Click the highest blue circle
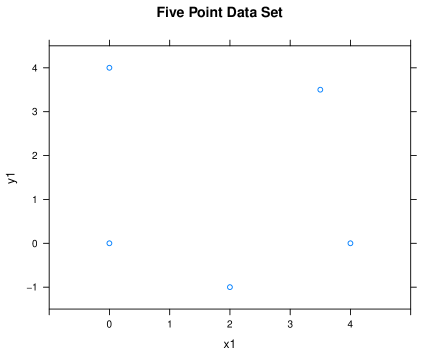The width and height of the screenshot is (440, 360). pyautogui.click(x=109, y=68)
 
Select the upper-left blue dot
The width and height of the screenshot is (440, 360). pyautogui.click(x=109, y=68)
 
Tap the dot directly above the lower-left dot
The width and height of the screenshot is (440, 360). pyautogui.click(x=109, y=68)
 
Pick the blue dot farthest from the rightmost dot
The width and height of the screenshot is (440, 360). pyautogui.click(x=109, y=68)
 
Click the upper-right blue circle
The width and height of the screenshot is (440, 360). pyautogui.click(x=320, y=90)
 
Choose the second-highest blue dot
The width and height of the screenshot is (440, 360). pyautogui.click(x=320, y=90)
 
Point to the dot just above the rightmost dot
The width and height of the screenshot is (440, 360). pyautogui.click(x=320, y=90)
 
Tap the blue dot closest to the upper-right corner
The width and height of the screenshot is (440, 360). pyautogui.click(x=320, y=90)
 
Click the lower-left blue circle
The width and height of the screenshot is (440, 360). pyautogui.click(x=109, y=243)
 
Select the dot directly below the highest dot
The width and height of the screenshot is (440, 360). pyautogui.click(x=109, y=243)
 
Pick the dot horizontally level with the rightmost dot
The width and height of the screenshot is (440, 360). pyautogui.click(x=109, y=243)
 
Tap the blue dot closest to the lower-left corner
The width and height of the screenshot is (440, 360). pyautogui.click(x=109, y=243)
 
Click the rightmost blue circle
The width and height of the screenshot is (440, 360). pyautogui.click(x=350, y=243)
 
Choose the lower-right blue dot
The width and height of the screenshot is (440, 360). pyautogui.click(x=350, y=243)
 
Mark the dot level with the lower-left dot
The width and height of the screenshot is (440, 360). pyautogui.click(x=350, y=243)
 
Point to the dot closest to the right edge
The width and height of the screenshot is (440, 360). pyautogui.click(x=350, y=243)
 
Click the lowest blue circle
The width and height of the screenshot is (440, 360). pyautogui.click(x=230, y=287)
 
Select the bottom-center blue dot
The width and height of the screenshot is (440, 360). pyautogui.click(x=230, y=287)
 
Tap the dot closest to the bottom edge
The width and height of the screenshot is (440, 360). pyautogui.click(x=230, y=287)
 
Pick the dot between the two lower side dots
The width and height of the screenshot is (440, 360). pyautogui.click(x=230, y=287)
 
